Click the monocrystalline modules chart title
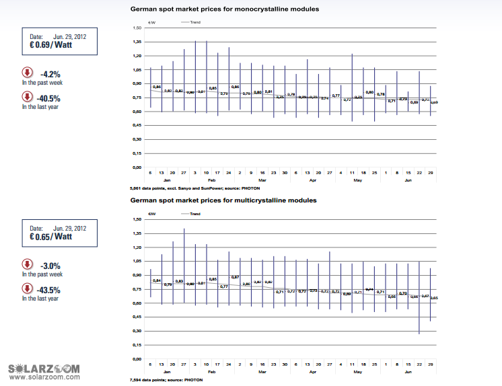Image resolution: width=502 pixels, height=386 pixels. [224, 9]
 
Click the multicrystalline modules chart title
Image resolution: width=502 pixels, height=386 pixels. [223, 200]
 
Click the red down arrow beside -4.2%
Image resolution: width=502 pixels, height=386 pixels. [28, 73]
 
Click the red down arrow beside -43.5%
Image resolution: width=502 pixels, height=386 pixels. [28, 288]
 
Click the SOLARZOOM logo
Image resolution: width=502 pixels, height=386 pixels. [44, 369]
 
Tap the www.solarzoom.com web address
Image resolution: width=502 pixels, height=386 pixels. [43, 379]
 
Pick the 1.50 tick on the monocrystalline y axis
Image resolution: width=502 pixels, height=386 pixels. [137, 28]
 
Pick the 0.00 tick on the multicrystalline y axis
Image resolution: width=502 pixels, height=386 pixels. [137, 358]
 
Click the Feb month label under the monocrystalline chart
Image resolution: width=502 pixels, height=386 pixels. [212, 180]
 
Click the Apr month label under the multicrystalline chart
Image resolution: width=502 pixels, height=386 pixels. [312, 371]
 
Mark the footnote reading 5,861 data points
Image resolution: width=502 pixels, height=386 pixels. [176, 188]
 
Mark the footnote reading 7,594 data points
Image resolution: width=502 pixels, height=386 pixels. [164, 380]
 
